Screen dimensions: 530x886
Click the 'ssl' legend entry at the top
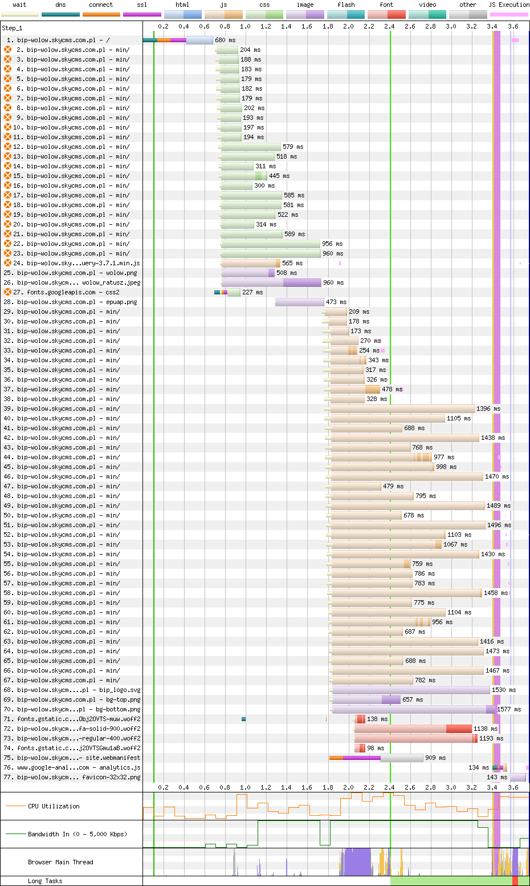[142, 5]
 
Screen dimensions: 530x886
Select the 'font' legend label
[386, 5]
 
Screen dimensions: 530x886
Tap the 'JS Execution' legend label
[508, 5]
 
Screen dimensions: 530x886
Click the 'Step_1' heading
[12, 28]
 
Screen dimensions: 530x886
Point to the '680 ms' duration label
[225, 40]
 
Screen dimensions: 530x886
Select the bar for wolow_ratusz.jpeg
[271, 282]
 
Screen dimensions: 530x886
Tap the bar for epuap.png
[300, 302]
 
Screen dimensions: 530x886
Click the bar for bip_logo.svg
[411, 690]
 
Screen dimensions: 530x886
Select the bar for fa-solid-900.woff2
[413, 729]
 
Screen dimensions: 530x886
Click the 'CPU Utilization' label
[54, 806]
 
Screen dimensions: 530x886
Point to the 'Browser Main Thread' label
[60, 862]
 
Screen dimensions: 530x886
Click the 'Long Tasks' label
[45, 881]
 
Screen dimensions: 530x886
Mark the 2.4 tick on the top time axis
[389, 26]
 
